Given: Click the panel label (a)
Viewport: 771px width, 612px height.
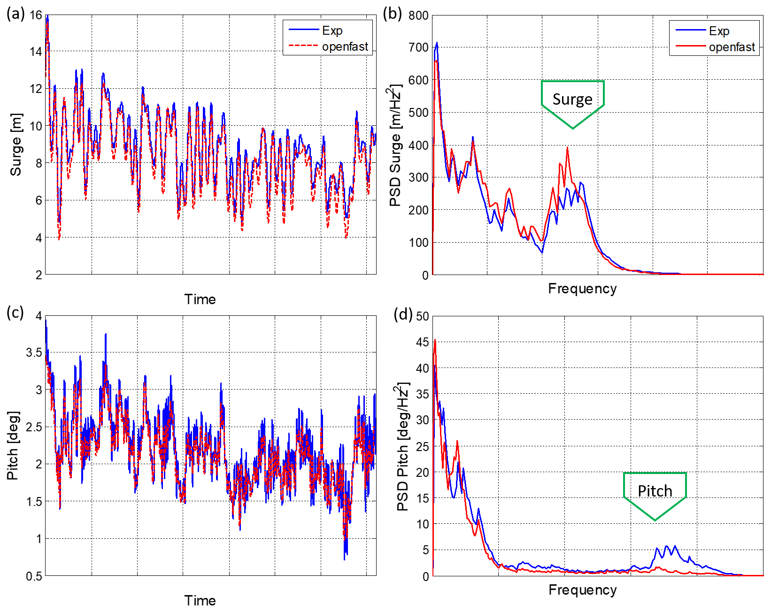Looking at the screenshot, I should (15, 14).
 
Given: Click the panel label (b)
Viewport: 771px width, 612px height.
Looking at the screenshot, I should (392, 14).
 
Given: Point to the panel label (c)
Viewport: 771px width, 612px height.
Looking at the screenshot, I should (15, 313).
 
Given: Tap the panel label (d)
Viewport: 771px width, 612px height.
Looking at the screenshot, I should (403, 314).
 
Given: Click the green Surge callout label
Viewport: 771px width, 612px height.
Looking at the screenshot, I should (572, 99).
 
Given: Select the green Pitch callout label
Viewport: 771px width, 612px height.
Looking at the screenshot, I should (655, 491).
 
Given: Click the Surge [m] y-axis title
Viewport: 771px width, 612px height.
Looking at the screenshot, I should (16, 145).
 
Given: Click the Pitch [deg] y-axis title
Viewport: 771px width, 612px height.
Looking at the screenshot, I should (13, 445).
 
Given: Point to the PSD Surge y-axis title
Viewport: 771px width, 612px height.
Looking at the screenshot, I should (396, 145).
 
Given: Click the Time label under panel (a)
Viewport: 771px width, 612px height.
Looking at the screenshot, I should (200, 299).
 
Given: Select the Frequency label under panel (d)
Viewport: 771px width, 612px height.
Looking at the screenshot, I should (582, 589).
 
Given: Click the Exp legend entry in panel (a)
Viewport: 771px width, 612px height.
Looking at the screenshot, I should (332, 31).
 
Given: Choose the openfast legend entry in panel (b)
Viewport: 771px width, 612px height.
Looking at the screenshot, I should (732, 47).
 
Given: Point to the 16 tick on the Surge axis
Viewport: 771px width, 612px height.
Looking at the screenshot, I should (36, 15).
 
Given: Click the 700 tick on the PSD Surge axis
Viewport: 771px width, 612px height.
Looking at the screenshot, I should (419, 47).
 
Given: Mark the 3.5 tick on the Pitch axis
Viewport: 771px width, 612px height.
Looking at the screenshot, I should (34, 352).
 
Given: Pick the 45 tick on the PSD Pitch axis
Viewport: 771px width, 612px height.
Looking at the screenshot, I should (422, 342).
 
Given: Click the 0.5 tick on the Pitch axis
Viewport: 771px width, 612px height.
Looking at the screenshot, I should (34, 576).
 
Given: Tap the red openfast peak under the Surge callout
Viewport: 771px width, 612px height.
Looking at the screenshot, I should (567, 148).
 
